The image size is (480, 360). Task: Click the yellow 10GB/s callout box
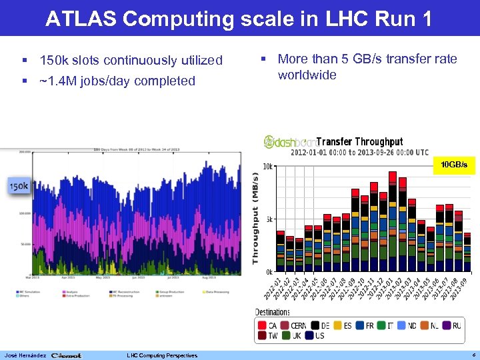point(451,164)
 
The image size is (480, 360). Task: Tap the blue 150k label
point(18,187)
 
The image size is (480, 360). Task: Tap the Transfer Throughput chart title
point(359,141)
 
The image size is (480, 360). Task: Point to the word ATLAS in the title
point(81,19)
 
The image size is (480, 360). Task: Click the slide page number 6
point(472,355)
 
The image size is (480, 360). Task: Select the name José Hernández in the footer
point(24,355)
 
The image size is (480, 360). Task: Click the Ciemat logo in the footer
point(67,355)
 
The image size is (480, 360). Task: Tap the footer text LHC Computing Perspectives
point(161,355)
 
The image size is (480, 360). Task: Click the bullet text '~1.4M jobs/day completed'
point(117,81)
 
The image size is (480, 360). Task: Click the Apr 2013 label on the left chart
point(69,277)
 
